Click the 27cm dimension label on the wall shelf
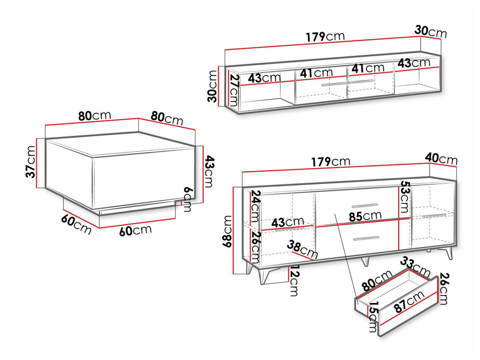click(x=234, y=90)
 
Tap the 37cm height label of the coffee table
click(x=30, y=162)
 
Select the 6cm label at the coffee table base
click(x=187, y=199)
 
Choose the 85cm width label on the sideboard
click(x=365, y=216)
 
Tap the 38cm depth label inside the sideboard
click(x=302, y=249)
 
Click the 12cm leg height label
click(x=293, y=280)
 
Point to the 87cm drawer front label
click(x=409, y=302)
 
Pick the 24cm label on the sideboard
click(x=255, y=206)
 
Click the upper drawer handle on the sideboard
click(x=365, y=206)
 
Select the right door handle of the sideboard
click(x=434, y=216)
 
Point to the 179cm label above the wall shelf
click(x=325, y=36)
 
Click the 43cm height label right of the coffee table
click(x=208, y=171)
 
